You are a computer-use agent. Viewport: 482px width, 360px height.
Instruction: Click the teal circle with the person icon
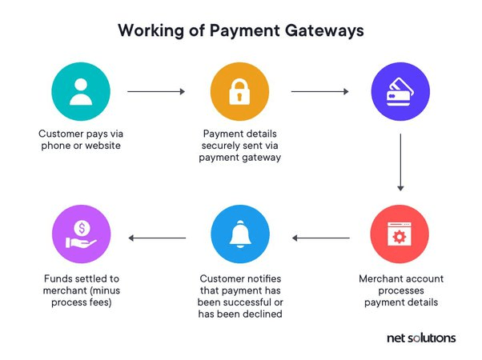[x=81, y=91]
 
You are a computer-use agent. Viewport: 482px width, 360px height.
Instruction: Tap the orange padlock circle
[x=239, y=91]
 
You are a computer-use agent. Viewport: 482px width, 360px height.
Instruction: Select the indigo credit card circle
[x=400, y=91]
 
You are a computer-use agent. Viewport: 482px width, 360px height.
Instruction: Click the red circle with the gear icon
[x=400, y=234]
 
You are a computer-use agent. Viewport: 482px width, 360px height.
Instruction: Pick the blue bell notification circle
[x=240, y=234]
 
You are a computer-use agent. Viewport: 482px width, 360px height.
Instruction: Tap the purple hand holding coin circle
[x=81, y=234]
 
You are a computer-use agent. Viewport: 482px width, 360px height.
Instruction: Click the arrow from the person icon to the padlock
[x=156, y=91]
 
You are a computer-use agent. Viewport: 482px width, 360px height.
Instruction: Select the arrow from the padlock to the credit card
[x=319, y=91]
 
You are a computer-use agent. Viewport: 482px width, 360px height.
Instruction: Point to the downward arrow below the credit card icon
[x=400, y=162]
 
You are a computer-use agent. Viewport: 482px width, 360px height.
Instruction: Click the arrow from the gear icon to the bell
[x=321, y=238]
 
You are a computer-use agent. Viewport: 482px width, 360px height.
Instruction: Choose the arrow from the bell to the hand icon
[x=157, y=238]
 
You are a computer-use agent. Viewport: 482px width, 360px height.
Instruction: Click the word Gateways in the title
[x=324, y=31]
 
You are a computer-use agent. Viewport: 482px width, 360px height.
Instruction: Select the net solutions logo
[x=421, y=338]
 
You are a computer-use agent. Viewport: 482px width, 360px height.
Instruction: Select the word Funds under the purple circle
[x=56, y=278]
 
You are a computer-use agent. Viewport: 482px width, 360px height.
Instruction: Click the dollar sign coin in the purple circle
[x=82, y=228]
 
